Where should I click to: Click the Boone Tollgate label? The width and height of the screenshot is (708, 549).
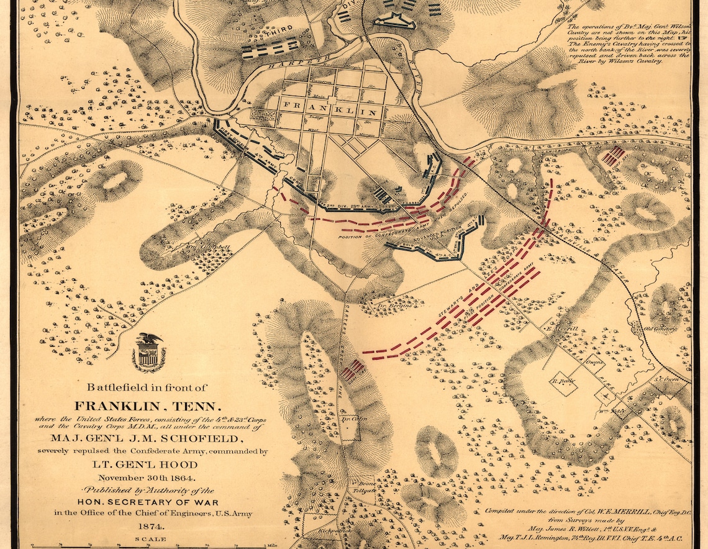click(x=366, y=488)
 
